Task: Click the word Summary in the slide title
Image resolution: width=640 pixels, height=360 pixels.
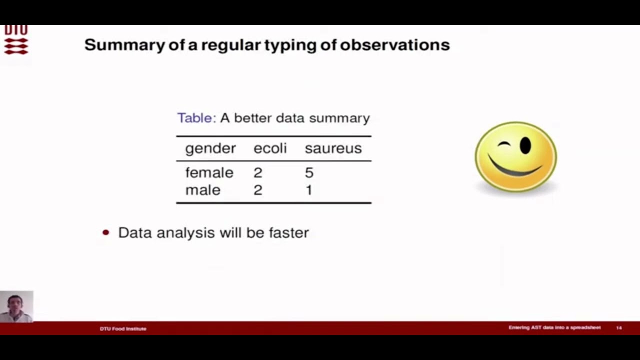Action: click(x=124, y=45)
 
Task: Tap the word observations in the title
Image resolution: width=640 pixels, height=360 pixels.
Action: click(x=394, y=45)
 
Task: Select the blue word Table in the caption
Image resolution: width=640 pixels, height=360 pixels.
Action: click(x=195, y=118)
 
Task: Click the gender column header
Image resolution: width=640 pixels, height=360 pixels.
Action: click(x=210, y=148)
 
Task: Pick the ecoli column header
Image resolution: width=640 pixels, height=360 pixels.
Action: click(x=270, y=148)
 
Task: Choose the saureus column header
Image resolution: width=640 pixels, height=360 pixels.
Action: click(x=333, y=148)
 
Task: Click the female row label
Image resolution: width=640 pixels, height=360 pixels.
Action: click(x=209, y=172)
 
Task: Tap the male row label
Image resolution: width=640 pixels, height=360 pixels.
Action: click(x=202, y=190)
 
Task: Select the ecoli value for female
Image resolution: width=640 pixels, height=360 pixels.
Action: click(x=257, y=173)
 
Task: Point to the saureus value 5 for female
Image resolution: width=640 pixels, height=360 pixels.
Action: click(x=309, y=173)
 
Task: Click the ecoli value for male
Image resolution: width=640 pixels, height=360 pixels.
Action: click(x=257, y=190)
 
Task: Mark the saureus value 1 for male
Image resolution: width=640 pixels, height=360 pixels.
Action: click(x=309, y=190)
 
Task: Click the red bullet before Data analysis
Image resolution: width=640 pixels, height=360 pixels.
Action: click(x=105, y=232)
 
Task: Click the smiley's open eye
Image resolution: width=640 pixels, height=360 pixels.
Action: click(x=525, y=145)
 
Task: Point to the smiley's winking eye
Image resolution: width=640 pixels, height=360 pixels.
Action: click(x=504, y=145)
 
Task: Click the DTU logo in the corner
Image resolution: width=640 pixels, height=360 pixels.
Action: click(x=16, y=40)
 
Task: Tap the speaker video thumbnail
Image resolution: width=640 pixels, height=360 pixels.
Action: click(x=16, y=306)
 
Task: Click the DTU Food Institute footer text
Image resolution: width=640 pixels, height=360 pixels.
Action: click(x=123, y=328)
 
